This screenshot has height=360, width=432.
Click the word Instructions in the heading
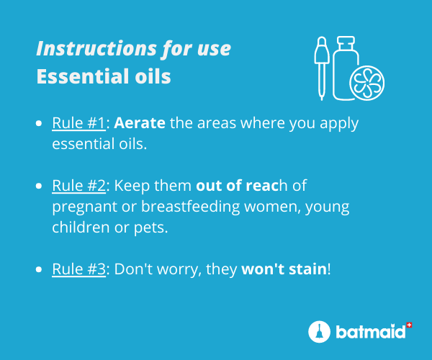click(x=96, y=48)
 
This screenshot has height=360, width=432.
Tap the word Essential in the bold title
click(x=84, y=76)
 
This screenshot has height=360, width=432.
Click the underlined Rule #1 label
click(x=78, y=123)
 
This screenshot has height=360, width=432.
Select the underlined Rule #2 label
click(x=78, y=185)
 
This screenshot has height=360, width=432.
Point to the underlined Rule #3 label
click(x=78, y=269)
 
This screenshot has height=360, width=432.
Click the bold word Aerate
click(x=140, y=123)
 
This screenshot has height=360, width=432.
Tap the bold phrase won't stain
click(x=284, y=269)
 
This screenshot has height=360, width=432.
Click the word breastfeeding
click(x=191, y=207)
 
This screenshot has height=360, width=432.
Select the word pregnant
click(x=84, y=207)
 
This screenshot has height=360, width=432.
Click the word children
click(x=81, y=228)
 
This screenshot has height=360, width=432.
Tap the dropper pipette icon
click(x=322, y=68)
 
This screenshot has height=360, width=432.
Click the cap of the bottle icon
click(x=346, y=42)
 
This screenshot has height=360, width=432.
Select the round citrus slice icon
click(x=367, y=83)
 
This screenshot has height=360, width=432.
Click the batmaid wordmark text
click(x=371, y=331)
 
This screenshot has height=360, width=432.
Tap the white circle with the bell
click(x=319, y=332)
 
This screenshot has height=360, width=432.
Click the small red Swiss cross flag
click(x=409, y=325)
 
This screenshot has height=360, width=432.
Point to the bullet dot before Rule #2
click(x=39, y=186)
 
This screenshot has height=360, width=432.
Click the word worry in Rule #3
click(x=179, y=270)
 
